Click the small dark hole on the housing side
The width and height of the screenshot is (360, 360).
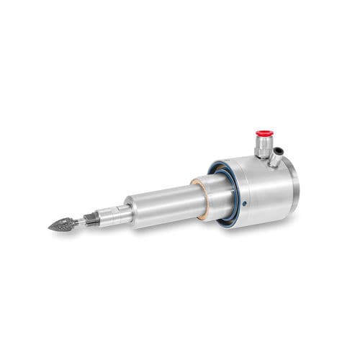(245, 204)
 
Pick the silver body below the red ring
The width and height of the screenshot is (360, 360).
(264, 143)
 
